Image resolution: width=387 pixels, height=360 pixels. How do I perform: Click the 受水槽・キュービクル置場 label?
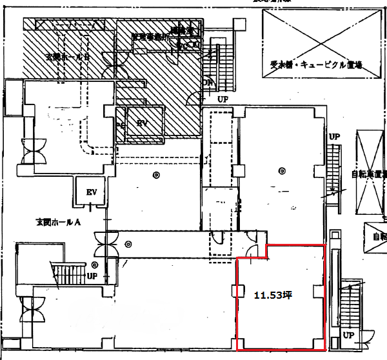point(315,64)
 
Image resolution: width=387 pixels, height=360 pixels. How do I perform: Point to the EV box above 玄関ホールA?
point(91,192)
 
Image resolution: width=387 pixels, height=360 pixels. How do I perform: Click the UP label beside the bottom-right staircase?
point(349,335)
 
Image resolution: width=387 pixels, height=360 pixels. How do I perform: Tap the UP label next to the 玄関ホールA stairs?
point(92,275)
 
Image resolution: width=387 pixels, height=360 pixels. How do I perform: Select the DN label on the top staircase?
point(208,83)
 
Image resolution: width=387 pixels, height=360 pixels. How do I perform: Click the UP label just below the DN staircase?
point(223,100)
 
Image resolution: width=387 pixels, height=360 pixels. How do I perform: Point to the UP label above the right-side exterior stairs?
point(334,137)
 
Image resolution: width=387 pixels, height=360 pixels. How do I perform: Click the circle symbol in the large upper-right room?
point(281,171)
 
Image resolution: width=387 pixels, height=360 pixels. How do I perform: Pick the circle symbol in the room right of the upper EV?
point(155,175)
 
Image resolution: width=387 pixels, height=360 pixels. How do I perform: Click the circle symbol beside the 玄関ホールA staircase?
point(94,264)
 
